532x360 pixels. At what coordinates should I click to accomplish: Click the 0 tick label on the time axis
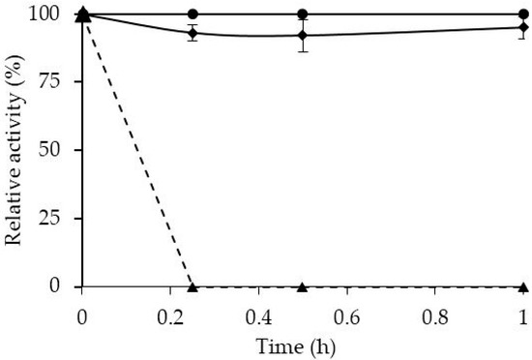(83, 315)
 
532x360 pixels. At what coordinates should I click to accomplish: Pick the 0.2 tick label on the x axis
(171, 315)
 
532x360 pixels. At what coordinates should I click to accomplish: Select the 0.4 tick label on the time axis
(259, 315)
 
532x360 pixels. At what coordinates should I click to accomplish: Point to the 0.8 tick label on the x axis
(434, 315)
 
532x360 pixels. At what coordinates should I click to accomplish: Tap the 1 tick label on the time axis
(522, 315)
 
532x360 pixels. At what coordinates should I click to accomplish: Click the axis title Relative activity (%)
(17, 151)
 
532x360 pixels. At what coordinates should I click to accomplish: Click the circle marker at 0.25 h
(192, 15)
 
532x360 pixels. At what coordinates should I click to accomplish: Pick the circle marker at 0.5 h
(303, 15)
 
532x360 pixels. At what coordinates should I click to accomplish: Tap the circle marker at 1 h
(522, 15)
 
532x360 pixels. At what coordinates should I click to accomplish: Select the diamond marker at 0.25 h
(192, 33)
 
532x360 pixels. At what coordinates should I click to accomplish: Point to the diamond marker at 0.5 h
(303, 36)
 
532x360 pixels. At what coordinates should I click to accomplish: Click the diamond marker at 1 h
(522, 27)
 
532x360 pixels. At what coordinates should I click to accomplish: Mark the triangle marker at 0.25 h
(192, 285)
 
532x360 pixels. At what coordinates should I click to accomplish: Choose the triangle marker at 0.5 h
(303, 286)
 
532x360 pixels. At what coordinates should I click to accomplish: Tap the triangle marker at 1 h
(522, 286)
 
